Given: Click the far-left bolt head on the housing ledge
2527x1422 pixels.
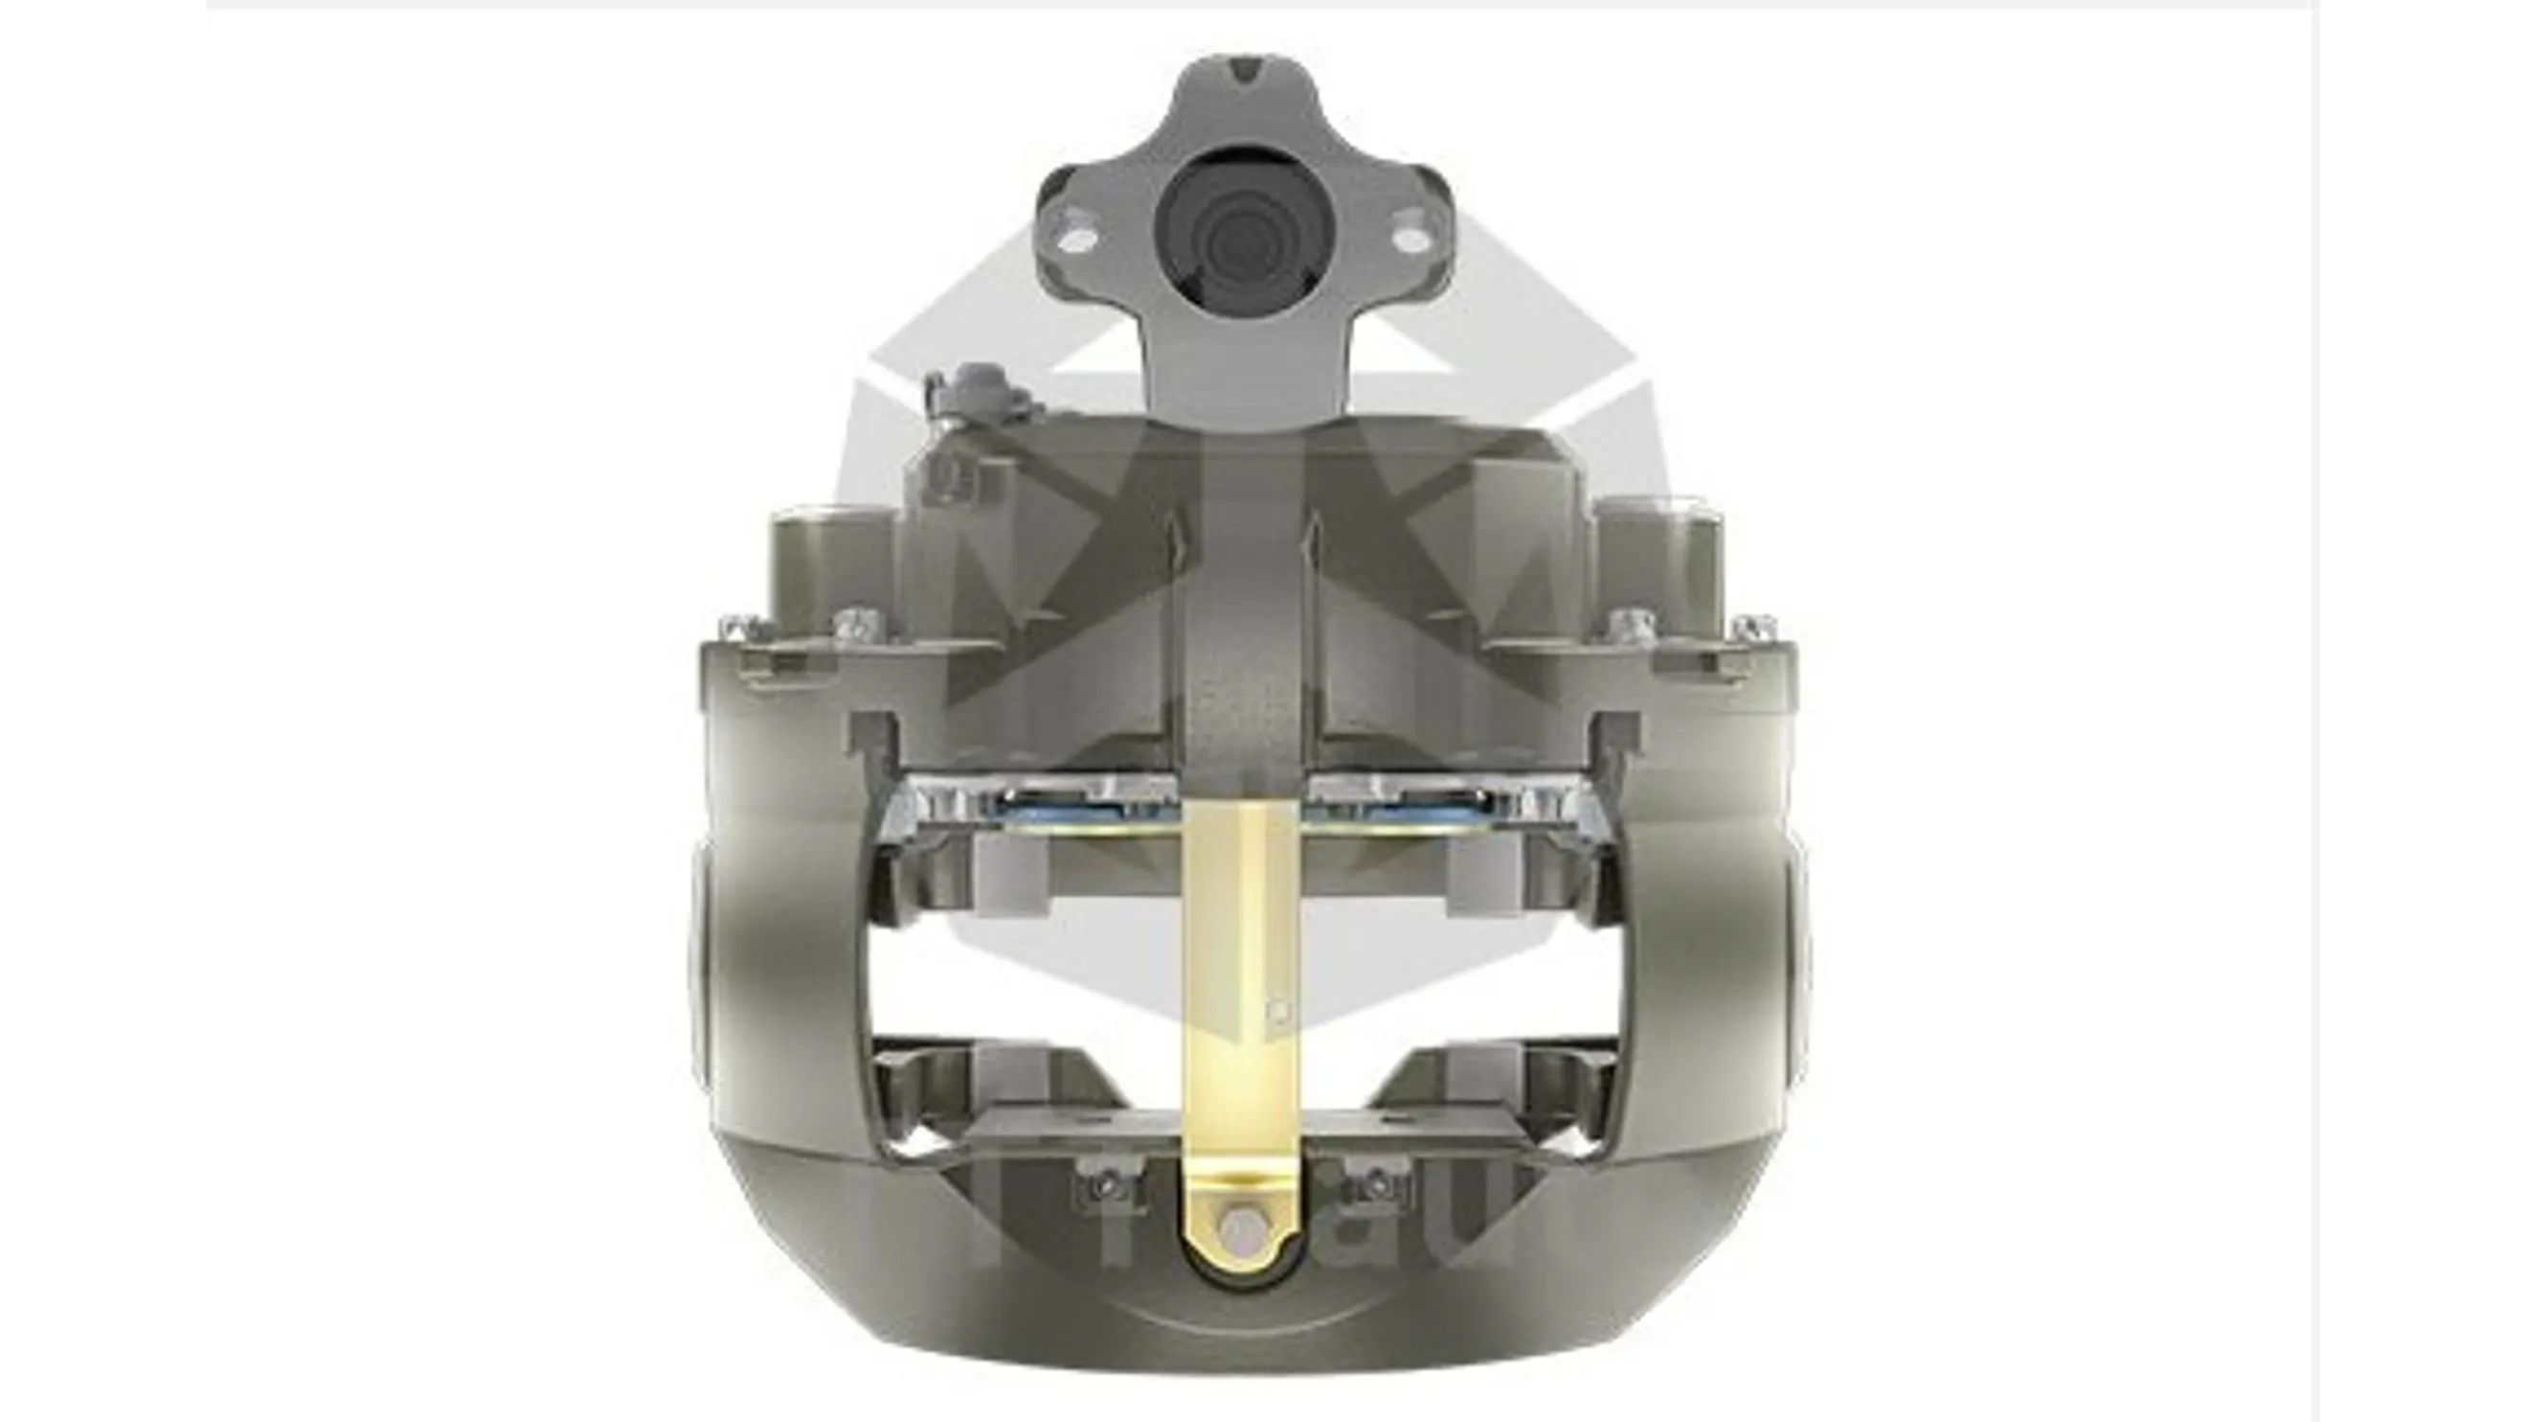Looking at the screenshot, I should click(x=738, y=625).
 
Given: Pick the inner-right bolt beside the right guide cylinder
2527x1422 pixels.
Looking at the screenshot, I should click(x=1629, y=622).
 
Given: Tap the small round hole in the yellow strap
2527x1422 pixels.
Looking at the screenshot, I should click(x=1275, y=1008).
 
